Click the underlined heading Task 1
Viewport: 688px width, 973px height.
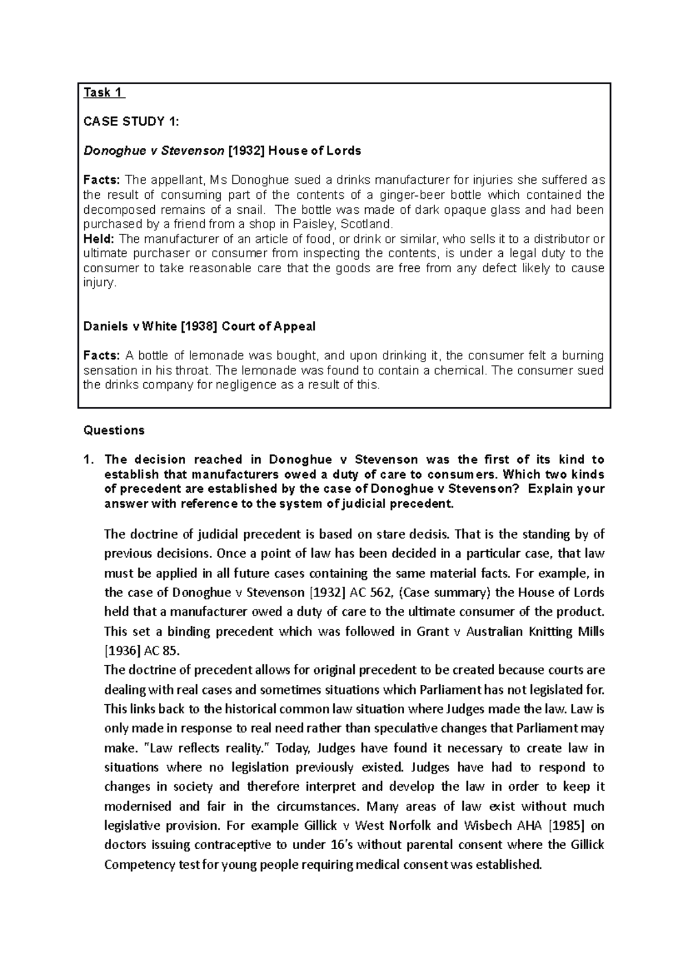[103, 92]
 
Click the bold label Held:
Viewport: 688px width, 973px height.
[99, 239]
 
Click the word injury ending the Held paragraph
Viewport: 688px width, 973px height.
[99, 283]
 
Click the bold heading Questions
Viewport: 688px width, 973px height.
[114, 430]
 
